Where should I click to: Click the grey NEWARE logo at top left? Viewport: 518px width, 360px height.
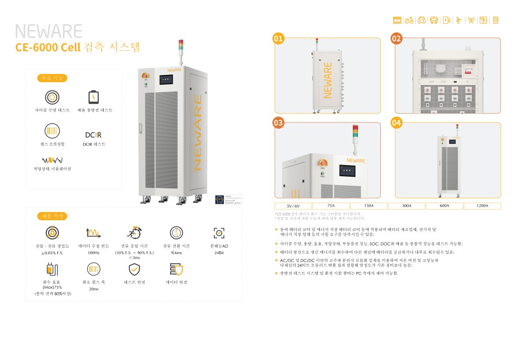tap(48, 32)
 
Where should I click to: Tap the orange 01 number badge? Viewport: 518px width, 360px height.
tap(278, 38)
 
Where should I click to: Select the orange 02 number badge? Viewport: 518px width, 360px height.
tap(396, 38)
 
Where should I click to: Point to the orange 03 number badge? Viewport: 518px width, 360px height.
tap(278, 123)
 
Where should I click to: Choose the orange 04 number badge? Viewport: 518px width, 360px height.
tap(396, 123)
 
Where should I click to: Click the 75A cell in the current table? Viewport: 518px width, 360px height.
tap(331, 206)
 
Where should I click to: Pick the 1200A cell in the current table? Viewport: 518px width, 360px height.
tap(482, 206)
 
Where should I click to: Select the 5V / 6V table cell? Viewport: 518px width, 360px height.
tap(293, 206)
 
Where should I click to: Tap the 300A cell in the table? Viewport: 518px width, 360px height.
tap(407, 206)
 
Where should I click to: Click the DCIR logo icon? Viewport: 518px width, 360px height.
tap(93, 135)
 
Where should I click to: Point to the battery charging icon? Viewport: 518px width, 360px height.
tap(94, 97)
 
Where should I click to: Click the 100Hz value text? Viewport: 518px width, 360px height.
tap(93, 253)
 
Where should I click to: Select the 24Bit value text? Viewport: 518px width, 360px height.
tap(219, 253)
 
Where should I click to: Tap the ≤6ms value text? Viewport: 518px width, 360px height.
tap(176, 253)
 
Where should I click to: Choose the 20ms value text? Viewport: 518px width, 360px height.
tap(93, 290)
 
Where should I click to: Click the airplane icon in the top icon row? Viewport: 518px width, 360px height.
tap(459, 20)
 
